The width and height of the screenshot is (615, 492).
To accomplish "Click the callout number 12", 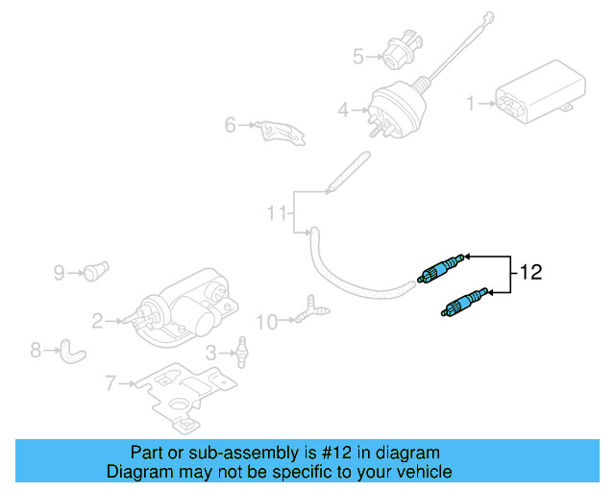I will coord(531,272).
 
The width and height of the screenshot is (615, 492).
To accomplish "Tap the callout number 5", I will coord(358,57).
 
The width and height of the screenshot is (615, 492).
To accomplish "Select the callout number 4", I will coord(343,111).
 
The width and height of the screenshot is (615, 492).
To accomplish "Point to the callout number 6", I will coord(231,125).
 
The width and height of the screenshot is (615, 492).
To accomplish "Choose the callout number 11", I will coord(277,212).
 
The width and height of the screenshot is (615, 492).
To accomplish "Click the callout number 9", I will coord(59,273).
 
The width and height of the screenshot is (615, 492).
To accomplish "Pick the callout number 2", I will coord(97,320).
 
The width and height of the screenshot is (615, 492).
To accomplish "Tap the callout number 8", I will coord(36,351).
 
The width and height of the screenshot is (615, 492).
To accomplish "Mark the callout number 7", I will coord(111,384).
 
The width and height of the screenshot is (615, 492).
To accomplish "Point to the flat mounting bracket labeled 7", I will coord(183,394).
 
